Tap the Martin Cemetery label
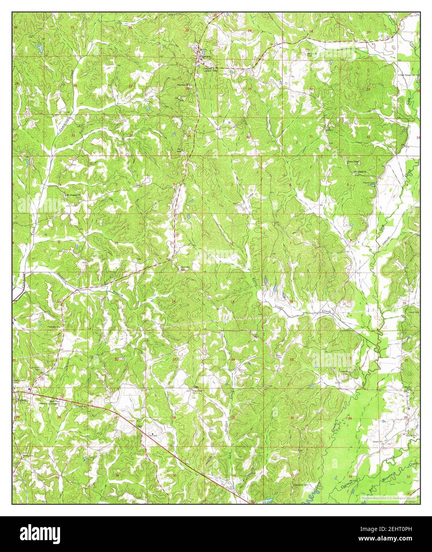coord(369,183)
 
